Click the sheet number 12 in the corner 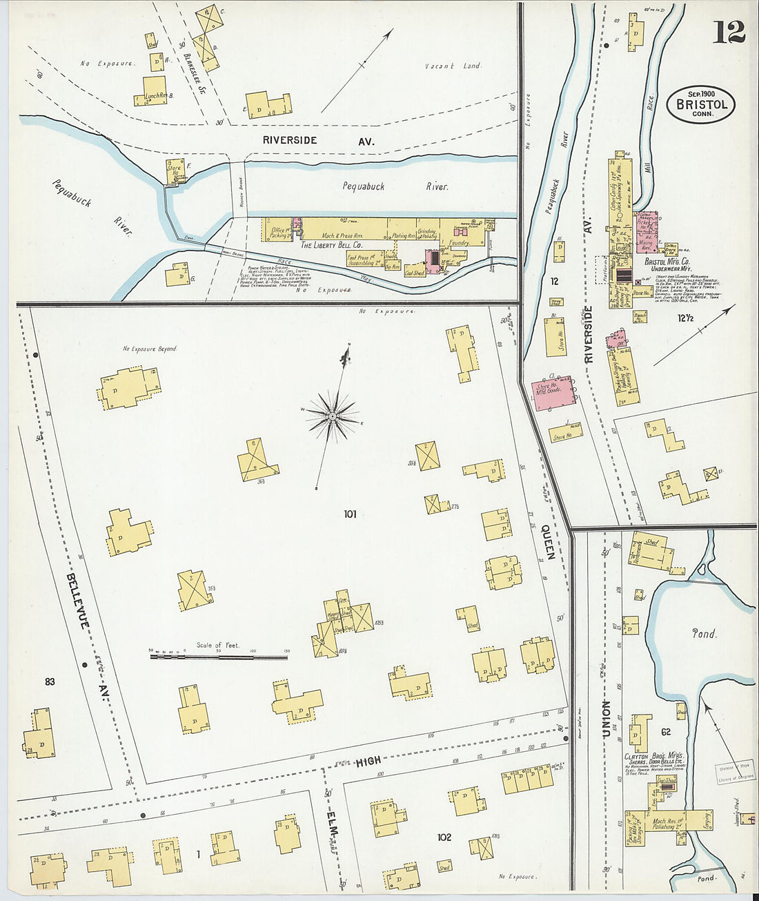tap(729, 32)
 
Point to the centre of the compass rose tap(332, 416)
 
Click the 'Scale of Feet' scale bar tap(219, 656)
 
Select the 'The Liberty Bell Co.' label tap(331, 244)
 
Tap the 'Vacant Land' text tap(453, 66)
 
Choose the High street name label tap(368, 762)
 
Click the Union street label tap(606, 718)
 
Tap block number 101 tap(350, 514)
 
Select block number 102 tap(444, 837)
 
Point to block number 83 tap(50, 681)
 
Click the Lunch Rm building tap(155, 93)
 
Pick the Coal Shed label tap(414, 273)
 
